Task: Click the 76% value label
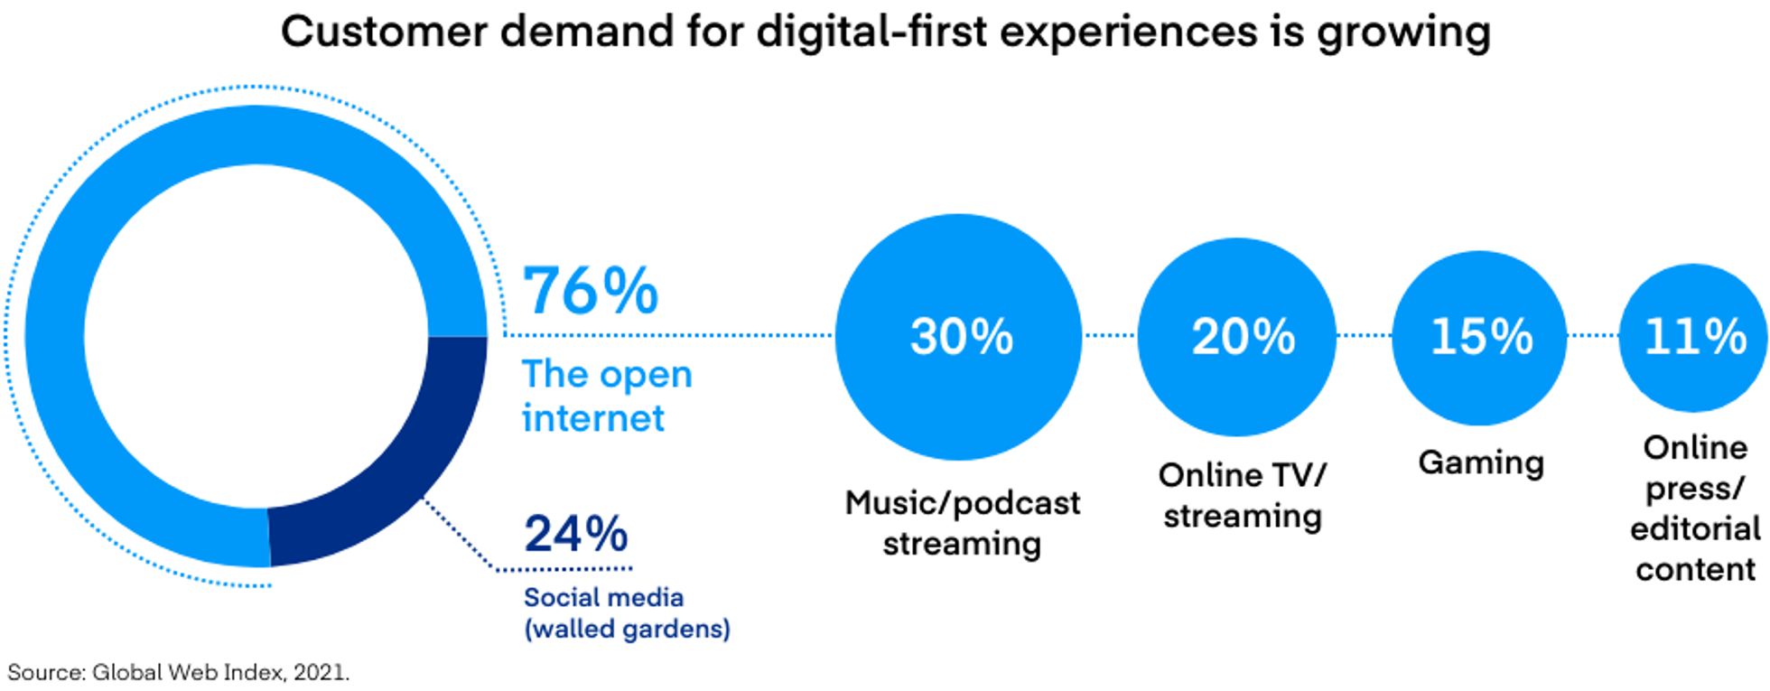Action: point(592,291)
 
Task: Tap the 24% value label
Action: point(576,533)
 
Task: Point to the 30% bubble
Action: point(959,336)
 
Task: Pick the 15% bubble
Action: point(1479,336)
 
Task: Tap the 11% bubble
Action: point(1693,336)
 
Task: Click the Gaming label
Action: point(1481,462)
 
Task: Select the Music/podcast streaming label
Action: point(962,523)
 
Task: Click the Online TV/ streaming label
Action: point(1243,495)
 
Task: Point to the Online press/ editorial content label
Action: point(1695,509)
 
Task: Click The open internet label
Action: point(607,396)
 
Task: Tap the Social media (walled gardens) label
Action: point(627,612)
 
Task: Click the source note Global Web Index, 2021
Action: point(178,673)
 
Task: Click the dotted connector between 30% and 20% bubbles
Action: point(1109,336)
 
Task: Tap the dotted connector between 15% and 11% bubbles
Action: point(1592,336)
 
